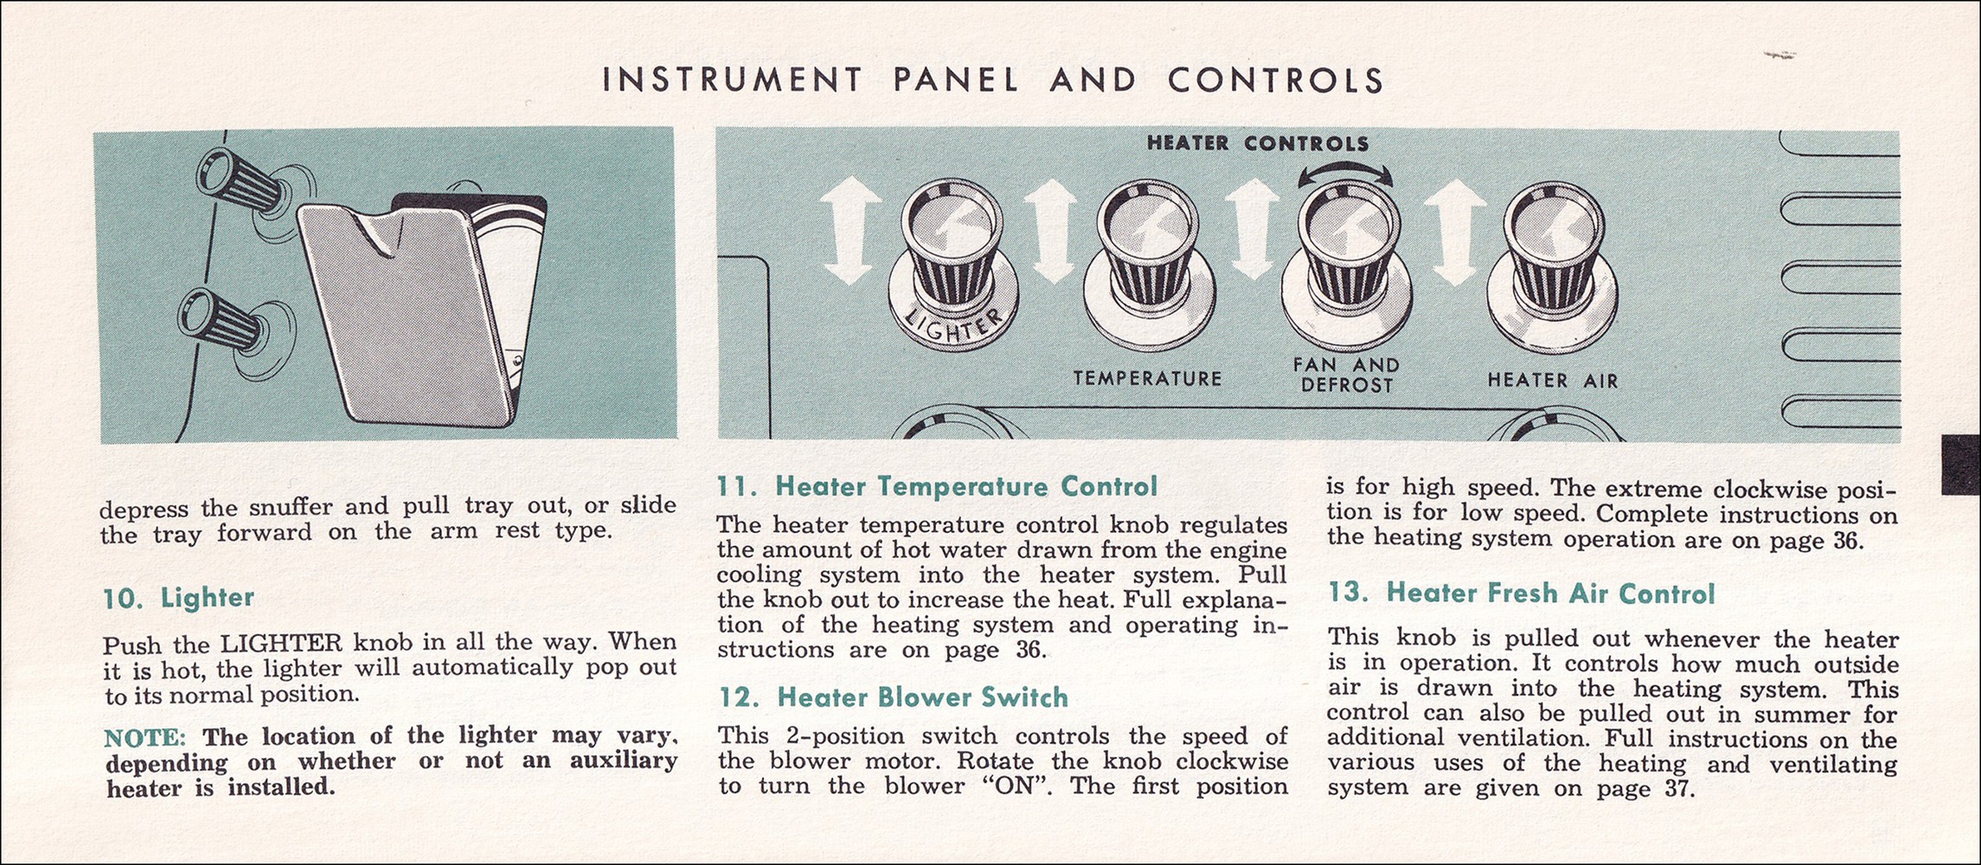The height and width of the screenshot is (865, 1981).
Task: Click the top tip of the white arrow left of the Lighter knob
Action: pos(850,188)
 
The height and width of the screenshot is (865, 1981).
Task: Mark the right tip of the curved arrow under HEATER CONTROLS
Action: pos(1394,182)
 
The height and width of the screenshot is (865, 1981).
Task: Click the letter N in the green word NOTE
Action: pos(114,738)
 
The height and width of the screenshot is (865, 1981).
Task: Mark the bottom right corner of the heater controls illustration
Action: pos(1901,441)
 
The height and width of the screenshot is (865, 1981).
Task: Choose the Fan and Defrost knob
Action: pos(1346,268)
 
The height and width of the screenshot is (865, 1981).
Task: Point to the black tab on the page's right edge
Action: pos(1961,465)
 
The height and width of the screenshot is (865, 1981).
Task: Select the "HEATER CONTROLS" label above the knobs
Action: pos(1258,144)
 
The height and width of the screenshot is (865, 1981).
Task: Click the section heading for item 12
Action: pos(893,697)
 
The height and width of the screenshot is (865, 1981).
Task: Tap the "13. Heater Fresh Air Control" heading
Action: pos(1521,593)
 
